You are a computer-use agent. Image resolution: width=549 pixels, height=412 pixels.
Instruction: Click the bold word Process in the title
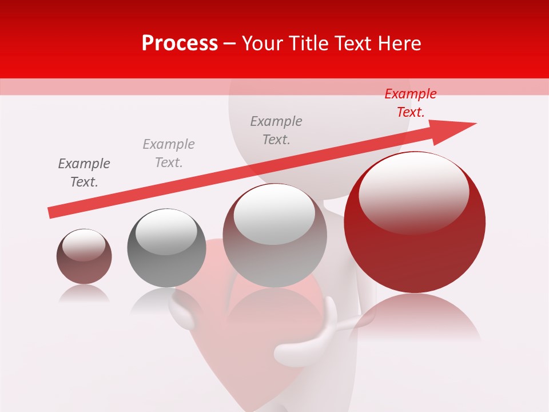180,43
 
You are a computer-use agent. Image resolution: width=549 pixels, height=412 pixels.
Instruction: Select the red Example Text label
410,103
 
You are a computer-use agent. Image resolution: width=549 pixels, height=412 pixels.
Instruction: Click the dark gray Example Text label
84,173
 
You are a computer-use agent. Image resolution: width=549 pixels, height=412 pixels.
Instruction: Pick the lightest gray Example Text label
169,153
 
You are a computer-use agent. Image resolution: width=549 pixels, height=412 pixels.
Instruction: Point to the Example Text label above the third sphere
276,130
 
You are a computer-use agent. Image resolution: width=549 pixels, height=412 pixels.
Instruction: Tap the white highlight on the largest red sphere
413,192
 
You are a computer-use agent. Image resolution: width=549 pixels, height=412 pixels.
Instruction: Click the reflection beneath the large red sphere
415,318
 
